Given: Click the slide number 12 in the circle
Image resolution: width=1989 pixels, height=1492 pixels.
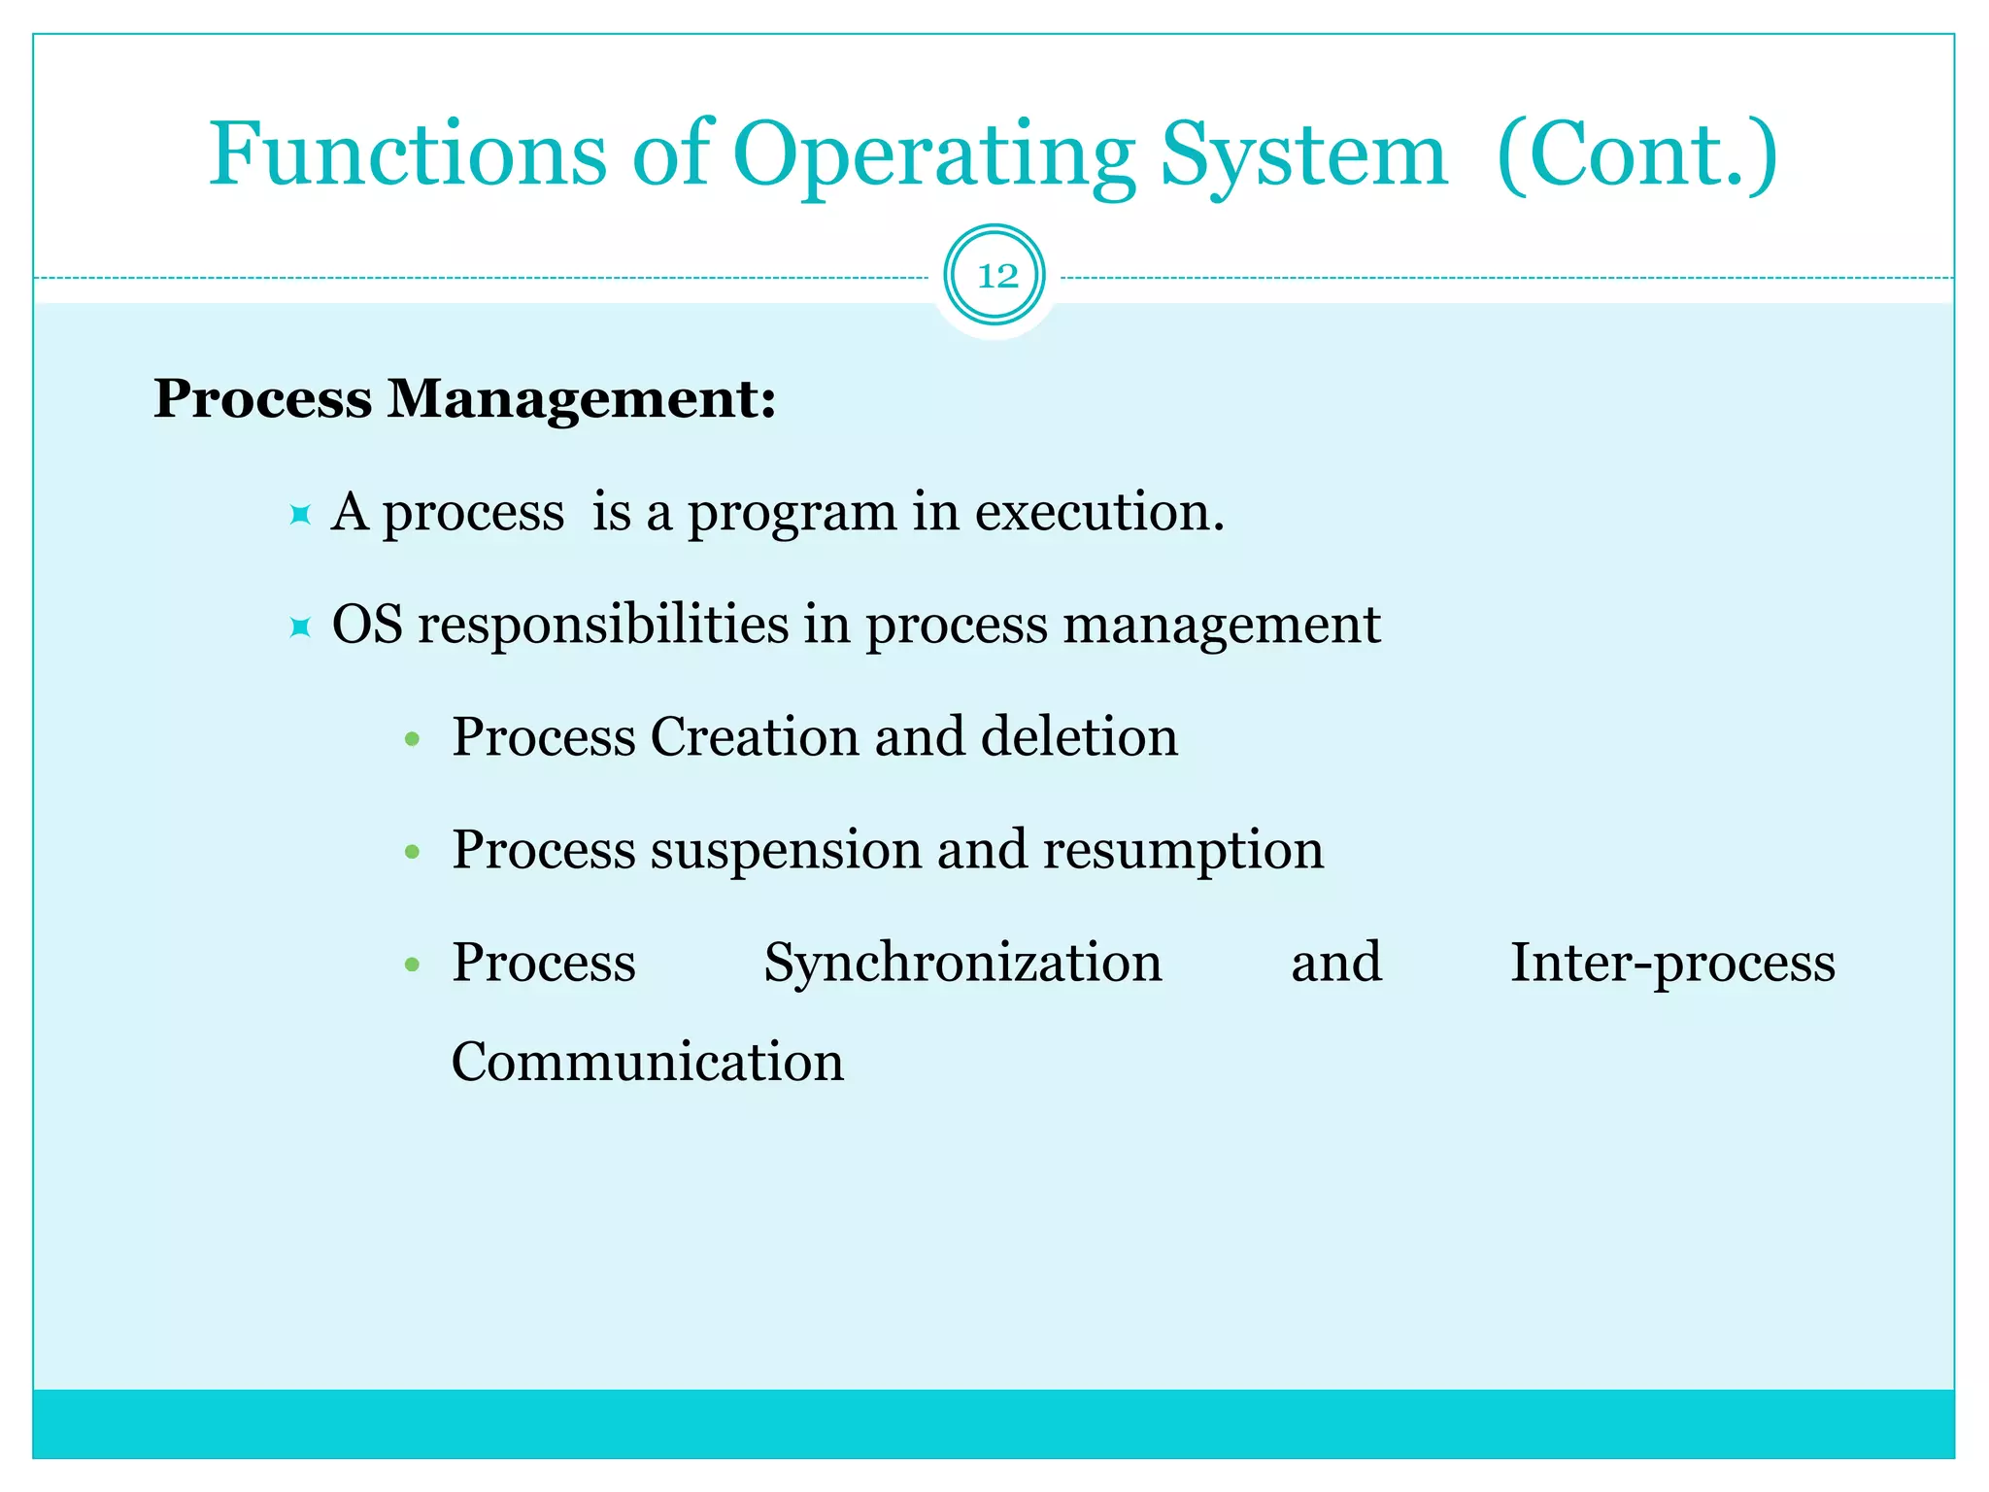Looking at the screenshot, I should pyautogui.click(x=995, y=277).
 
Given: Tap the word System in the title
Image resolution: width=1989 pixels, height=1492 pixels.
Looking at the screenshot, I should pyautogui.click(x=1302, y=155).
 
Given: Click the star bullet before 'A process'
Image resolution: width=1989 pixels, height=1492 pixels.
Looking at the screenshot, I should pyautogui.click(x=300, y=514).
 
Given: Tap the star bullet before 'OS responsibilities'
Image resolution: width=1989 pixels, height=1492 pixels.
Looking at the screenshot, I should pyautogui.click(x=300, y=627).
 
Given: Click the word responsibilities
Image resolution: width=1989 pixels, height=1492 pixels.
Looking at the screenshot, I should pyautogui.click(x=602, y=625).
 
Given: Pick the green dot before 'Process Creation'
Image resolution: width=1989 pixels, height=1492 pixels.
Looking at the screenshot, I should pyautogui.click(x=412, y=739).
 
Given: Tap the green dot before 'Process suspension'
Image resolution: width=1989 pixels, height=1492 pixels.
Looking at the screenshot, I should pyautogui.click(x=412, y=853).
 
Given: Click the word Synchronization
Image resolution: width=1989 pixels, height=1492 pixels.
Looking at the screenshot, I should pyautogui.click(x=962, y=964).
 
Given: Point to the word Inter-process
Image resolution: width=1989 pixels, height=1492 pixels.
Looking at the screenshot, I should pyautogui.click(x=1671, y=964).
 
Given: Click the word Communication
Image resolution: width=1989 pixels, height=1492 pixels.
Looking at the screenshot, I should pyautogui.click(x=648, y=1062).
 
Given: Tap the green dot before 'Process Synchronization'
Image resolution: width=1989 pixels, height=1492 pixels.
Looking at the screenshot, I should pyautogui.click(x=412, y=965).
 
